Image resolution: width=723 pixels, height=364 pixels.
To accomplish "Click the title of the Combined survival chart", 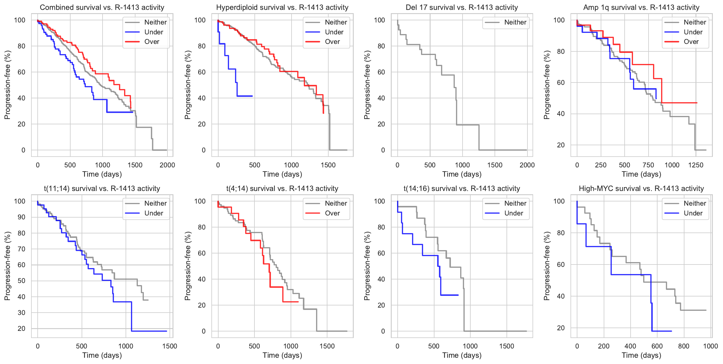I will (102, 7).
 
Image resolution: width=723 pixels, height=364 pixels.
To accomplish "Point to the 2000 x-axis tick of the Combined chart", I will (167, 165).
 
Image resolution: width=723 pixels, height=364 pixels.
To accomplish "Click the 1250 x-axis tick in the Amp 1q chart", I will (695, 165).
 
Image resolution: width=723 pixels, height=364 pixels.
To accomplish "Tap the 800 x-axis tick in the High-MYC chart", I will (684, 346).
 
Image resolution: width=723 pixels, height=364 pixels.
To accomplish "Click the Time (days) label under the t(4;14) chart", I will (282, 355).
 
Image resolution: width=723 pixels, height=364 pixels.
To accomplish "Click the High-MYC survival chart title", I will (641, 189).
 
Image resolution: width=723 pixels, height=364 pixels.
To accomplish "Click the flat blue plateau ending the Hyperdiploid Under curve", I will (245, 96).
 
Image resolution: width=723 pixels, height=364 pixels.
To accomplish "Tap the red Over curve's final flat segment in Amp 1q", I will (679, 103).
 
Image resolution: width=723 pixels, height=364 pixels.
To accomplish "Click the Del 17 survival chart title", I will (462, 7).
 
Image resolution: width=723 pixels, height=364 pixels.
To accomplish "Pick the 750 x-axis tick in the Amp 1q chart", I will (648, 165).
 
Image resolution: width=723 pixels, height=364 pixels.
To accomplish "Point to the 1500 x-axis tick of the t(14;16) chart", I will (507, 346).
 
